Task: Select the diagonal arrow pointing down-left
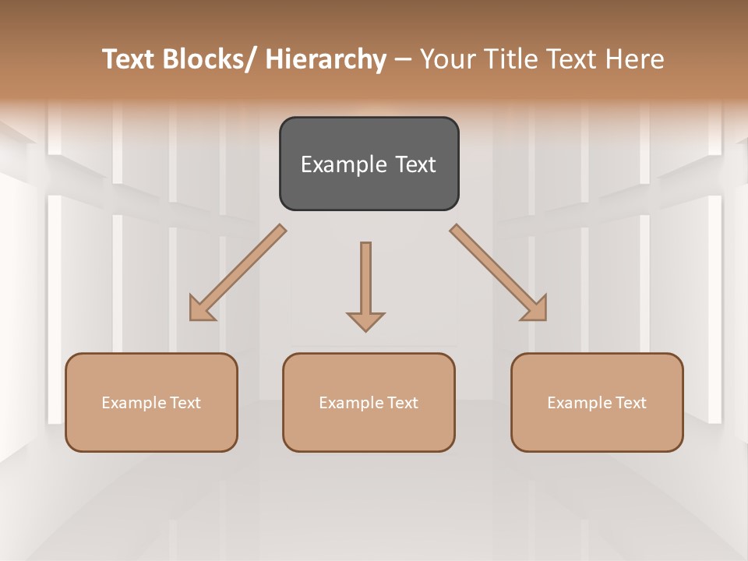238,273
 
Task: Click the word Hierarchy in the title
326,59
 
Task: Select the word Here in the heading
636,59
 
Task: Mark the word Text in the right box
630,403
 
